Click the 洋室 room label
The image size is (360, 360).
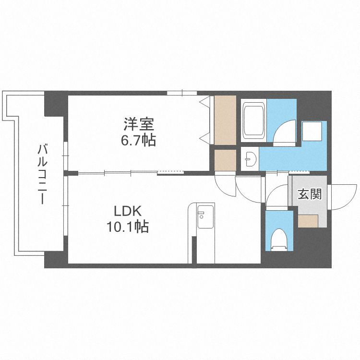pos(139,124)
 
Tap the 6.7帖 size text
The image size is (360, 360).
pos(139,141)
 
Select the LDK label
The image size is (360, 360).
pos(127,211)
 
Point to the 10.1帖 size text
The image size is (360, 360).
pos(127,227)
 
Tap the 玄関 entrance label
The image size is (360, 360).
pos(309,194)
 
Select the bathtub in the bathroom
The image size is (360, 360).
pos(254,120)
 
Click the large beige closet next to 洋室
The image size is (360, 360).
pos(225,120)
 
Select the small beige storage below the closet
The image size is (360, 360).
pos(225,160)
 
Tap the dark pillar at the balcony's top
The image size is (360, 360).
pos(56,103)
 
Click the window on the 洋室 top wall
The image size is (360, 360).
pos(182,93)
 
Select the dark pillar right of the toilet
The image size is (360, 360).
pos(312,248)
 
